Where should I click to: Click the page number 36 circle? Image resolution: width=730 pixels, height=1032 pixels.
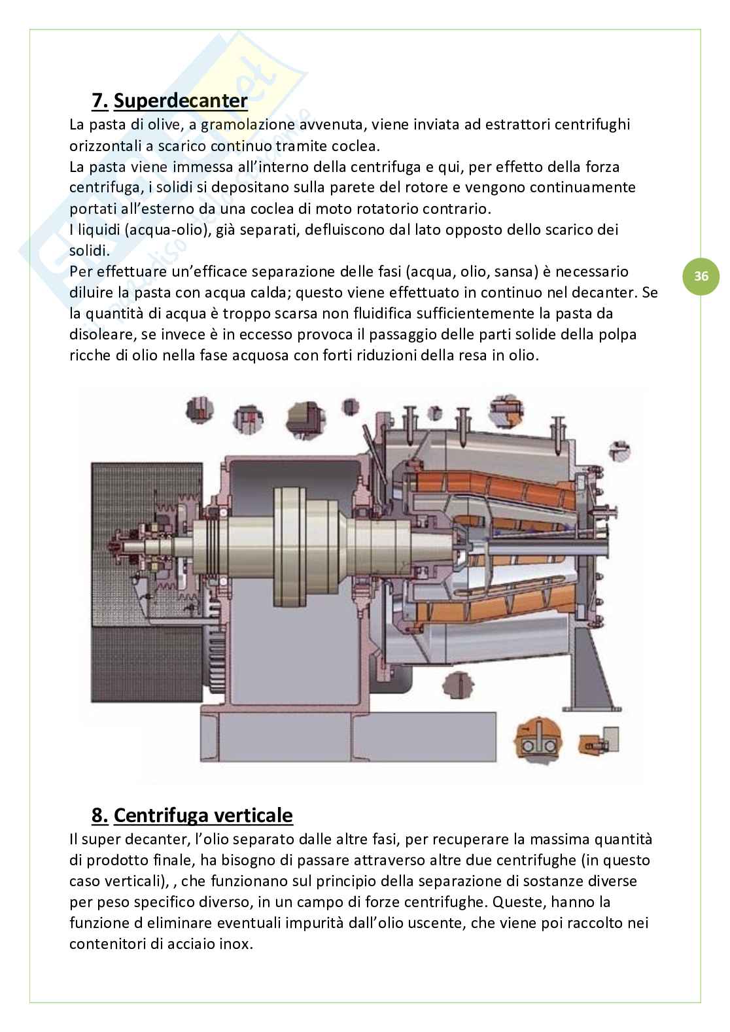pos(701,277)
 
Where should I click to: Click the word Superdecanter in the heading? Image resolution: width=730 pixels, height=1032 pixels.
pos(181,101)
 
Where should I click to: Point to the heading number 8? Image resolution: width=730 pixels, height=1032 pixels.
pos(99,816)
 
